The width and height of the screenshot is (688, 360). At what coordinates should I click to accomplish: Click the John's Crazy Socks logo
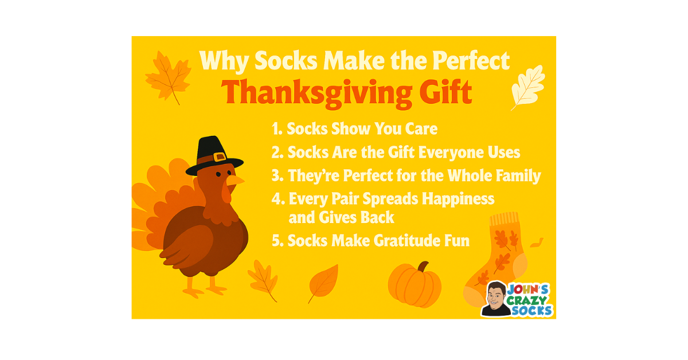[517, 299]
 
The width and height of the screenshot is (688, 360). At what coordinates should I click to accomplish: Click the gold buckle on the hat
[218, 156]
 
